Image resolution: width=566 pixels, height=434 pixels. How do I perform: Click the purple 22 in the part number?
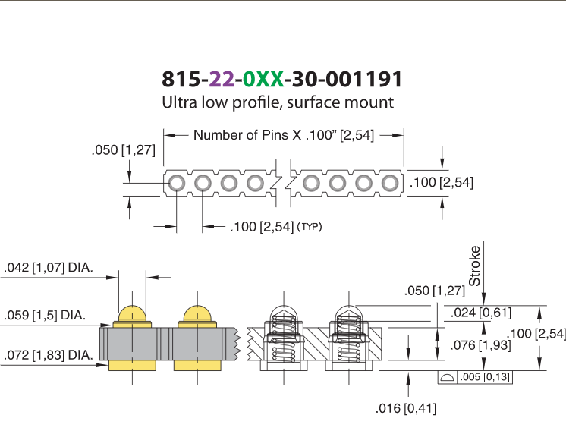tap(222, 79)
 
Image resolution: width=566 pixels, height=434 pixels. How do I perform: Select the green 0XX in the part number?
tap(263, 79)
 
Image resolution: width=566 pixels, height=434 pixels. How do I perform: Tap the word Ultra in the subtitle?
tap(179, 102)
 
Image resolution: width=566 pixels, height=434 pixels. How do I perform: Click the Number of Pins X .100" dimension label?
tap(284, 135)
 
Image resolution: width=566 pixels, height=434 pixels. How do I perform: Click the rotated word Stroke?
tap(474, 266)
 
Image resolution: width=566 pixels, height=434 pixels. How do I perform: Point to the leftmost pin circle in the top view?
tap(177, 183)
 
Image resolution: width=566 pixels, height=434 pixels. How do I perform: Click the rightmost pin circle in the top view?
tap(390, 183)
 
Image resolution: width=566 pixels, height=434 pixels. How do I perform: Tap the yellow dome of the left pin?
tap(132, 314)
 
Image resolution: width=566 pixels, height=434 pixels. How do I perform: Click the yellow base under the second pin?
tap(197, 365)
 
